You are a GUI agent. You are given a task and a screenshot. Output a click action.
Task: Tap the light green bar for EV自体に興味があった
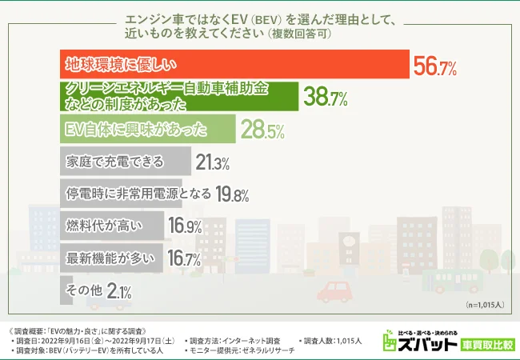point(148,129)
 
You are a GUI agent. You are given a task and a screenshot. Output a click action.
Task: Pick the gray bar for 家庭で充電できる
point(126,162)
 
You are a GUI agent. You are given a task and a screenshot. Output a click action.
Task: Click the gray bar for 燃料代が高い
point(112,226)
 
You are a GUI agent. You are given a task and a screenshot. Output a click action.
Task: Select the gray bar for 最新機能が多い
point(112,259)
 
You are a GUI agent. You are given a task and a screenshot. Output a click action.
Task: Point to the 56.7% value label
point(434,66)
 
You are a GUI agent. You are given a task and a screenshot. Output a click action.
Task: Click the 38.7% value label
point(324,98)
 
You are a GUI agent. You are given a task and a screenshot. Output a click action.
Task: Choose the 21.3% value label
point(211,163)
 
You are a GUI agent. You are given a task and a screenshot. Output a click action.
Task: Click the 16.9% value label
point(185,228)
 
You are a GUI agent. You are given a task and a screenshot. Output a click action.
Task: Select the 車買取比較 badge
point(486,345)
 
